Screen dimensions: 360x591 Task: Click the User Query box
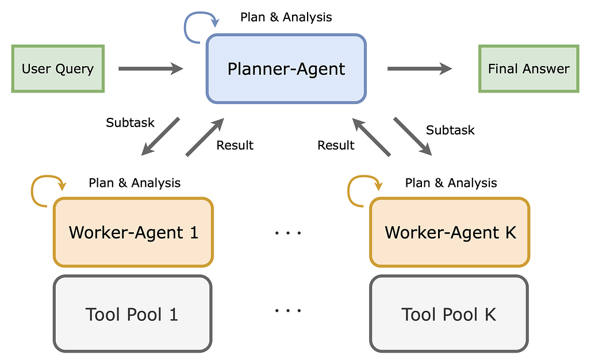pos(57,68)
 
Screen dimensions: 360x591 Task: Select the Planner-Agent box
pos(286,69)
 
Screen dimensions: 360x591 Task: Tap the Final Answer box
pos(528,68)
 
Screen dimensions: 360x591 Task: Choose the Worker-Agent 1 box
pos(133,232)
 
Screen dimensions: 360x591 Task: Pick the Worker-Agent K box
pos(450,232)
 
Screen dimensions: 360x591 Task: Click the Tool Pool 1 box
pos(133,314)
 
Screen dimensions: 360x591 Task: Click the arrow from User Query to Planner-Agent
pos(149,69)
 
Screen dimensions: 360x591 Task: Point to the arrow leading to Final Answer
pos(419,69)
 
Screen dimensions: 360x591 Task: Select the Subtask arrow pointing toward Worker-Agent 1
pos(161,136)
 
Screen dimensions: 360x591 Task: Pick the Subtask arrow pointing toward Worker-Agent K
pos(413,136)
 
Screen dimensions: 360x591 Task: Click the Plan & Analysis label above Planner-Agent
pos(286,17)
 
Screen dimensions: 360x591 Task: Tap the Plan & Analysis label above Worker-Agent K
pos(451,183)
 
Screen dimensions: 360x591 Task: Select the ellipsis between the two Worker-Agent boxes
pos(287,233)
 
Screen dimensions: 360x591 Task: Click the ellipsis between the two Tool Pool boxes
pos(287,311)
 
